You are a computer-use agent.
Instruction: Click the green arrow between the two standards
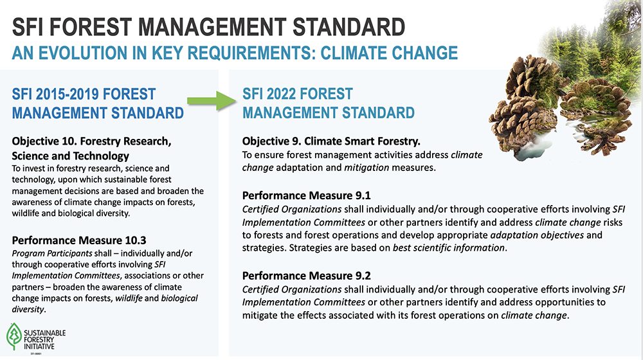(212, 100)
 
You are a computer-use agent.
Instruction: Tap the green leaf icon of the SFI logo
(14, 336)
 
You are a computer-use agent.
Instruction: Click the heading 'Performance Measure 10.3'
(78, 240)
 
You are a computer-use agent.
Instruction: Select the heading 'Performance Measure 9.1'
(306, 195)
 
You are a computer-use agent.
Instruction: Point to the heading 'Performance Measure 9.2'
(306, 276)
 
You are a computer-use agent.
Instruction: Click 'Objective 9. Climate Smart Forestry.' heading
(331, 141)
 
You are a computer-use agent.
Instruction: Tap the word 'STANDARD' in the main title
(349, 27)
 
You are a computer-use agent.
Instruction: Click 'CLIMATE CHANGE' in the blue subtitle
(389, 53)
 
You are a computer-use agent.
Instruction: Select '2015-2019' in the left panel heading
(68, 94)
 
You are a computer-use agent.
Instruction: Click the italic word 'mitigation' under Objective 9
(367, 168)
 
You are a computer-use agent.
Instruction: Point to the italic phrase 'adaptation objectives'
(537, 235)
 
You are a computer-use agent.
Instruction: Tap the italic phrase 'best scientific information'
(449, 248)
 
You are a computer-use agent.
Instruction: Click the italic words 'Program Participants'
(52, 253)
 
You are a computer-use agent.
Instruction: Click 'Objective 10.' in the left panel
(44, 141)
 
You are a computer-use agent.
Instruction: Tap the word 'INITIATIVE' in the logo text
(39, 346)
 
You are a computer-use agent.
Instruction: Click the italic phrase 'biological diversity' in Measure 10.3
(105, 304)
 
